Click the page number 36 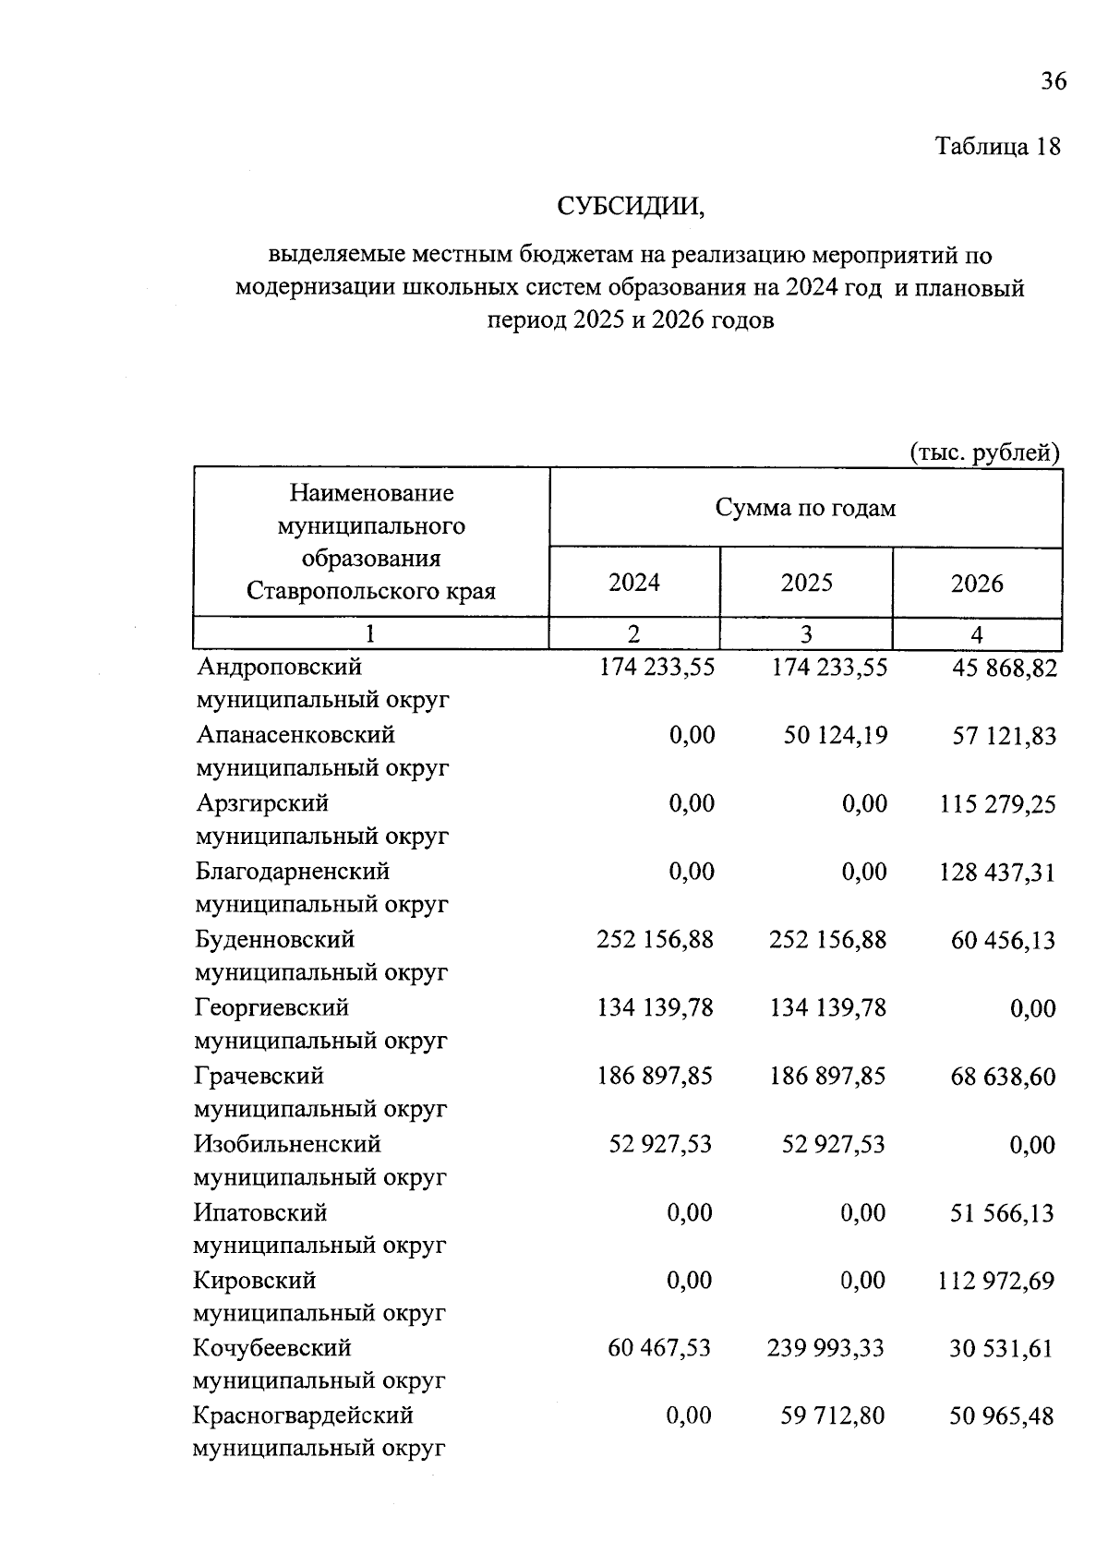[x=1054, y=82]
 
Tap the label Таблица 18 [x=997, y=147]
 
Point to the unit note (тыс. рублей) [x=984, y=452]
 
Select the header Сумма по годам [x=805, y=509]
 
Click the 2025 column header [x=806, y=584]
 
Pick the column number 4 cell [x=977, y=635]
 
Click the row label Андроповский [x=279, y=667]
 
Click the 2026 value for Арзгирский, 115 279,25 [x=997, y=804]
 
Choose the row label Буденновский [x=274, y=940]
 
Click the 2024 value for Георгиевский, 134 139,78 [x=656, y=1008]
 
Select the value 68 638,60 [x=1003, y=1078]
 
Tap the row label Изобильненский [x=287, y=1145]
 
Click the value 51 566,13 [x=1002, y=1213]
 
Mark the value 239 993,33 [x=825, y=1349]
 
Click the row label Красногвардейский [x=303, y=1416]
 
